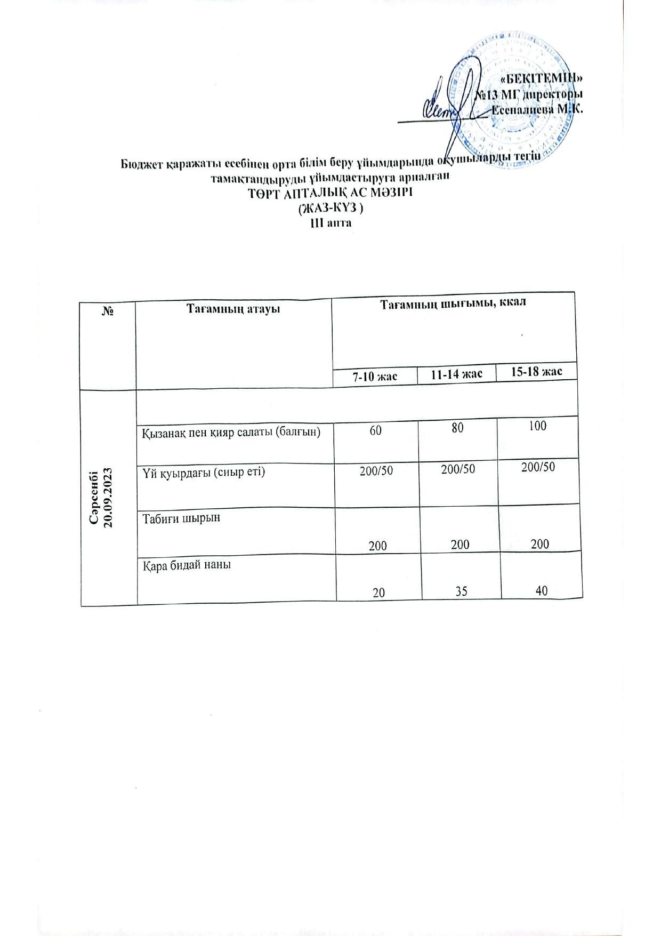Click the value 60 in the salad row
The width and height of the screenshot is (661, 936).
tap(376, 429)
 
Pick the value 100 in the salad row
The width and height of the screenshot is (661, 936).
tap(538, 426)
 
